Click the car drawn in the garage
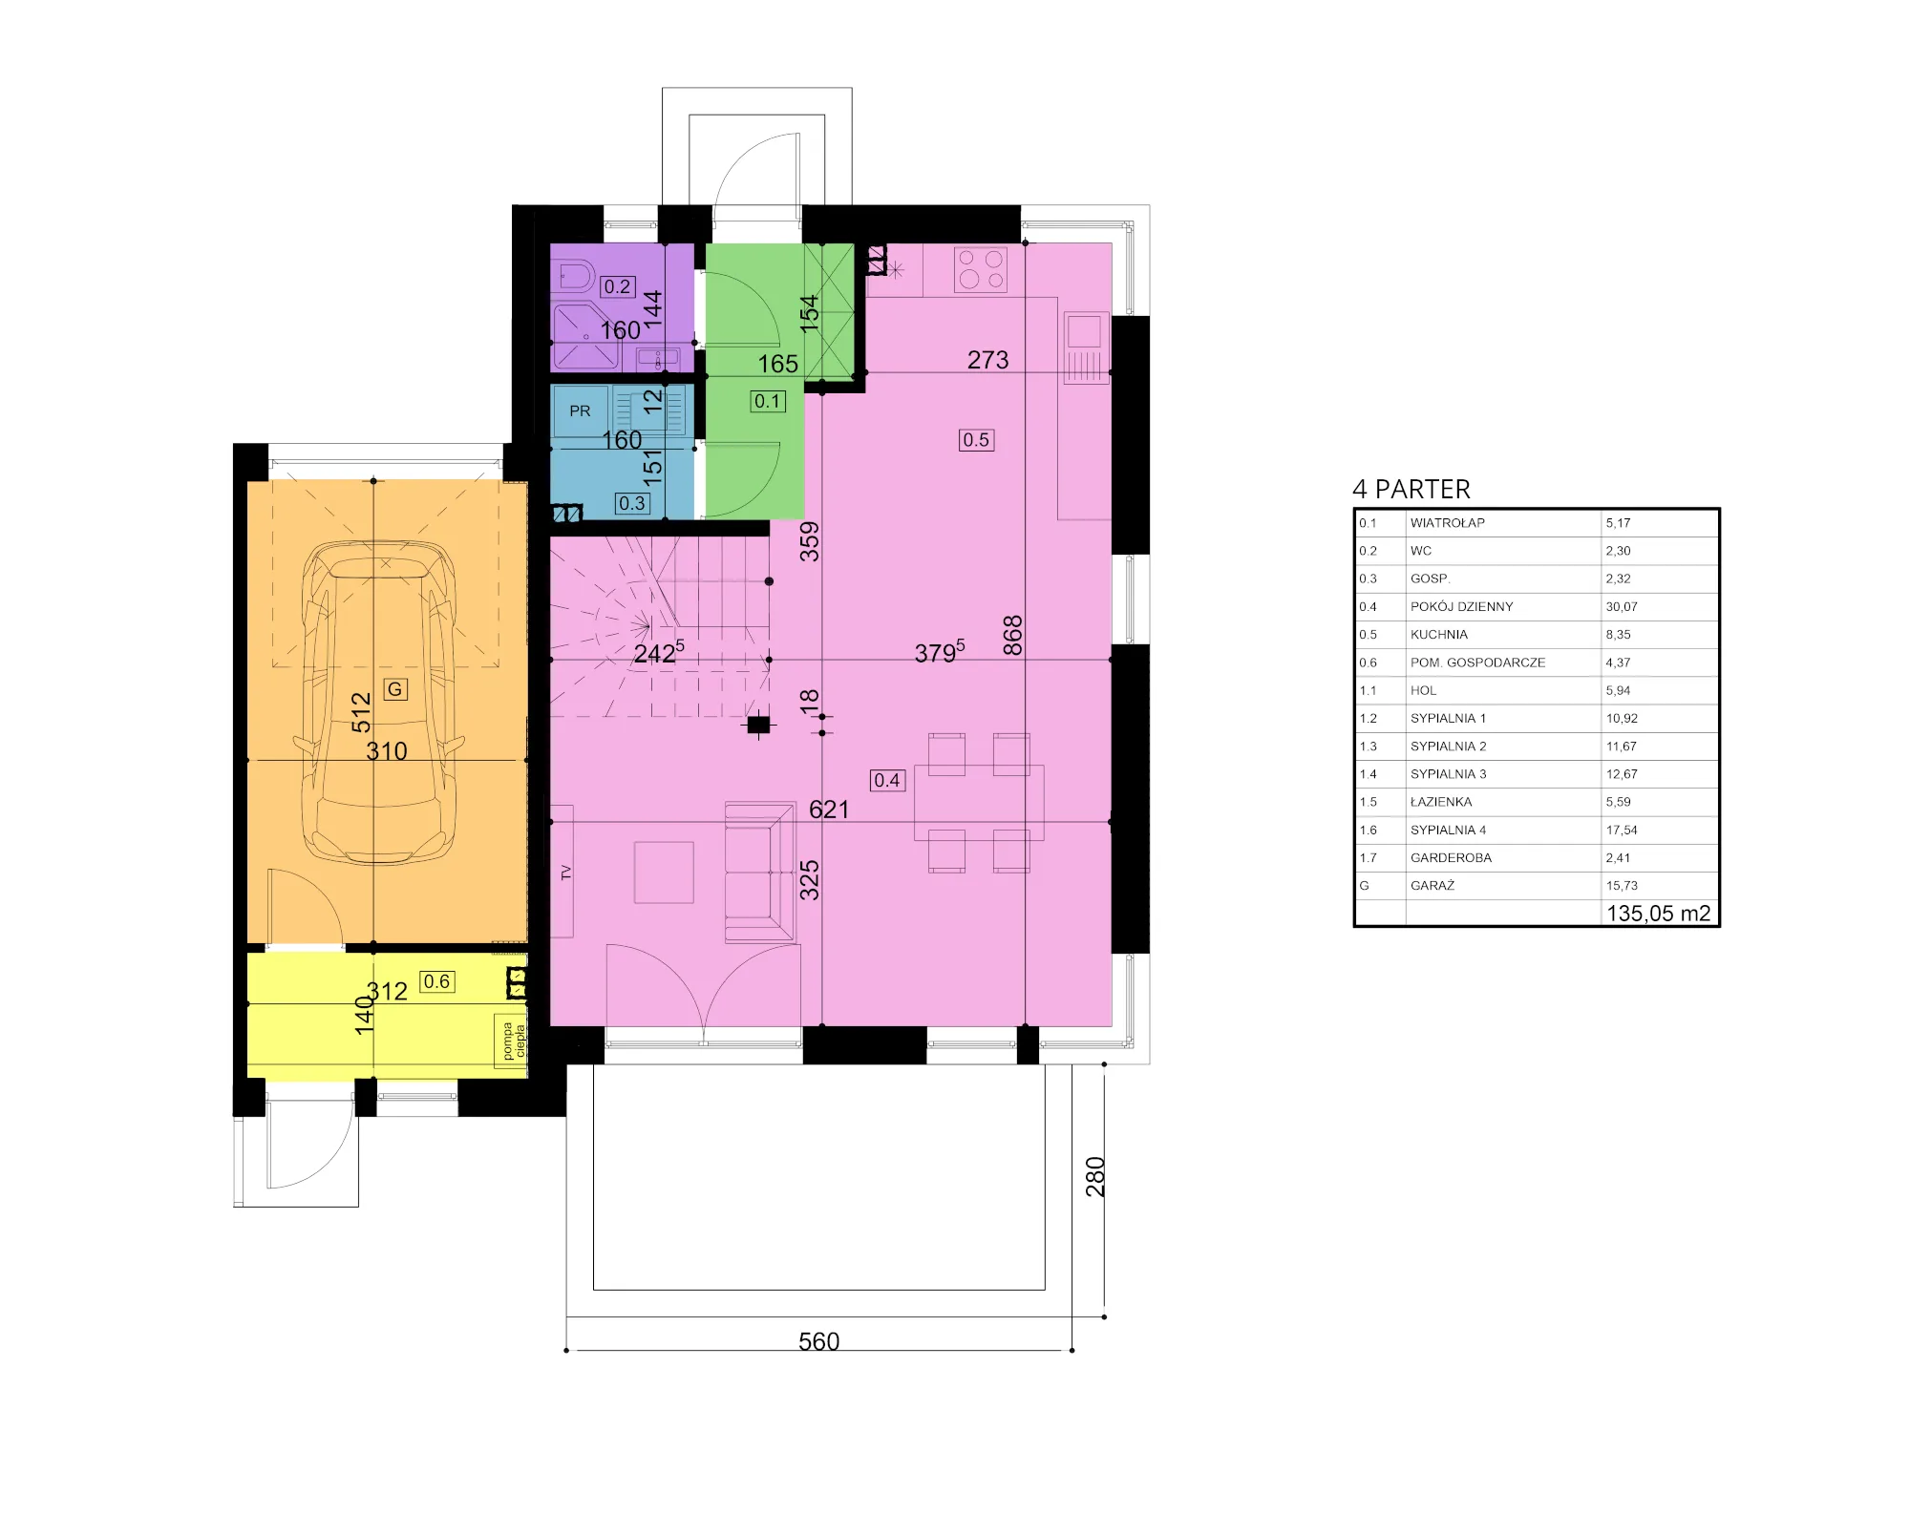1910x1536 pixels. click(x=379, y=705)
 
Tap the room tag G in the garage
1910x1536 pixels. click(x=394, y=688)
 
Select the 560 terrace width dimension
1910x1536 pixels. click(x=818, y=1341)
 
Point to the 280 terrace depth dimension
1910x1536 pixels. click(x=1095, y=1177)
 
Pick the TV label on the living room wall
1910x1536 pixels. click(x=566, y=873)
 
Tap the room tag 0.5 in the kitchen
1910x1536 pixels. click(x=976, y=440)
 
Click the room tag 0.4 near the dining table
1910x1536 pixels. click(x=887, y=781)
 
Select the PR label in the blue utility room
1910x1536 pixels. click(x=580, y=411)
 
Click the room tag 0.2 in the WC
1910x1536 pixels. click(x=618, y=286)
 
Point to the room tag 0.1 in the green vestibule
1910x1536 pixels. click(x=768, y=402)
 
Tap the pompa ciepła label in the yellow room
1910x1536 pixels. click(x=514, y=1042)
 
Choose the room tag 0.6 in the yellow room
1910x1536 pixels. click(x=436, y=981)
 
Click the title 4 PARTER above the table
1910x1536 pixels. click(x=1411, y=490)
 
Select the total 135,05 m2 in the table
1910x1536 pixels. click(x=1659, y=914)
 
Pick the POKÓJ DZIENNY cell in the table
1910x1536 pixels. click(x=1462, y=607)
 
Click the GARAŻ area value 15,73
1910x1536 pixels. click(x=1622, y=886)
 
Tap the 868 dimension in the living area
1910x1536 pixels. click(x=1013, y=636)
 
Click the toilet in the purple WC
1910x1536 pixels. click(x=572, y=277)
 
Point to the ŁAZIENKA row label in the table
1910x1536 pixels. click(x=1441, y=802)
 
